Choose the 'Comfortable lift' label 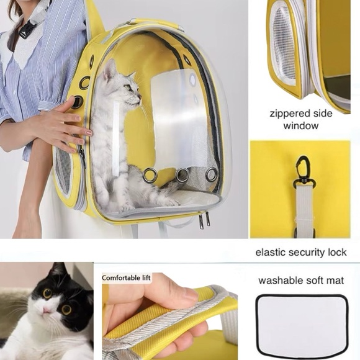click(x=130, y=278)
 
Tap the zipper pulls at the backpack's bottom click(x=204, y=219)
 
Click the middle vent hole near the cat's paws click(x=182, y=175)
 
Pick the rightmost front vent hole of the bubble click(x=212, y=174)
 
